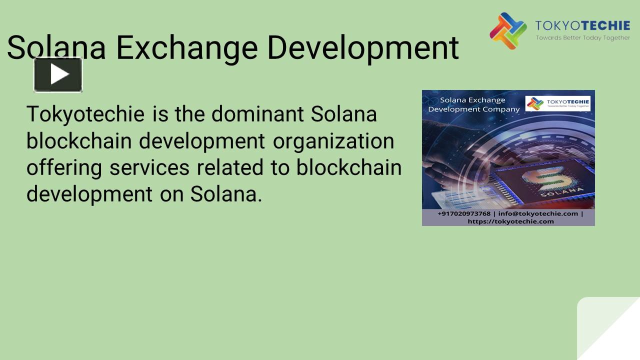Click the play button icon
coord(58,74)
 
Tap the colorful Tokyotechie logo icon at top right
coord(507,31)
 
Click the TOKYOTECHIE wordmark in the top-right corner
coord(582,26)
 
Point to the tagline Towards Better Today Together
coord(582,38)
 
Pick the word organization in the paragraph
coord(333,141)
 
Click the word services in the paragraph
coord(149,168)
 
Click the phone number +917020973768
coord(463,213)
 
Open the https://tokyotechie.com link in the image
coord(510,221)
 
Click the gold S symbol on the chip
coord(539,177)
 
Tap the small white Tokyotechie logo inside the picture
coord(557,103)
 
